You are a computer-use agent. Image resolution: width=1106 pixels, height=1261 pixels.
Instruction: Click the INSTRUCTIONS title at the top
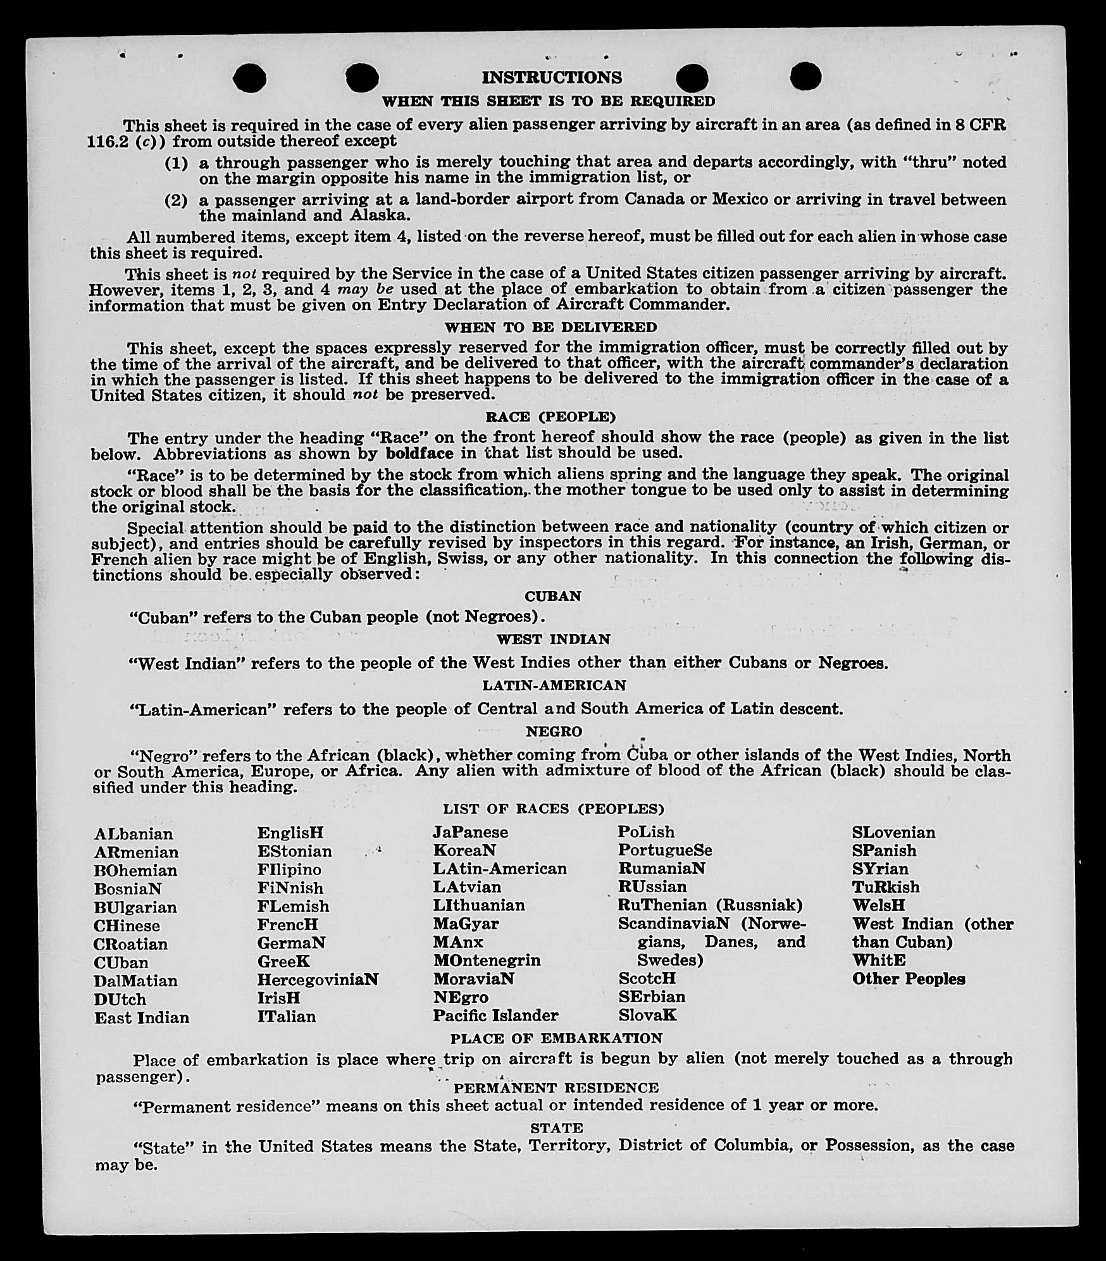click(552, 78)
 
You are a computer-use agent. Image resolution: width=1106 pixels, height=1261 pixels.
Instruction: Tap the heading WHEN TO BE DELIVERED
click(551, 327)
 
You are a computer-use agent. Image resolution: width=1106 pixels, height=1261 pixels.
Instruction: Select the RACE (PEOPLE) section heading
click(550, 417)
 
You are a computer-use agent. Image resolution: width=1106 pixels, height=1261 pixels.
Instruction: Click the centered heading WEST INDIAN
click(553, 639)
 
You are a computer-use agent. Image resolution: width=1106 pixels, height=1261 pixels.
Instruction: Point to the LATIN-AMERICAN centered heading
click(554, 685)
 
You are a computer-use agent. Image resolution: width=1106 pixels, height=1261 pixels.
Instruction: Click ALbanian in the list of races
click(134, 834)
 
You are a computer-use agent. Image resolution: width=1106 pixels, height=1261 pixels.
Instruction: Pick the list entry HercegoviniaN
click(318, 979)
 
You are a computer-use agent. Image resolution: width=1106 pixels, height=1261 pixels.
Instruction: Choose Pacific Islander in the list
click(495, 1016)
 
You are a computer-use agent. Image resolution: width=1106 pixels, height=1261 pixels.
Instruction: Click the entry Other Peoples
click(909, 979)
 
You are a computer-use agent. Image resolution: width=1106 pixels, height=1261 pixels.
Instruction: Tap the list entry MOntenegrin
click(487, 960)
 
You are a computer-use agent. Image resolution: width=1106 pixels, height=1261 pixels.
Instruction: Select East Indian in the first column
click(142, 1017)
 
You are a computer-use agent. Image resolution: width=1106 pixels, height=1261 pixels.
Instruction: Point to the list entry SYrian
click(880, 869)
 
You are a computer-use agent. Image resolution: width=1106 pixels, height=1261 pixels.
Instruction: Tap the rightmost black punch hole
click(805, 77)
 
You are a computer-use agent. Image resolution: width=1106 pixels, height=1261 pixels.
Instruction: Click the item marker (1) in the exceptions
click(177, 163)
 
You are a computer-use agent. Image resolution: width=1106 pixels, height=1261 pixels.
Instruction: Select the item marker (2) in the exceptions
click(177, 201)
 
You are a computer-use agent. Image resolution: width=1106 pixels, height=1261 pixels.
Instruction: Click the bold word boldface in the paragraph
click(419, 454)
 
